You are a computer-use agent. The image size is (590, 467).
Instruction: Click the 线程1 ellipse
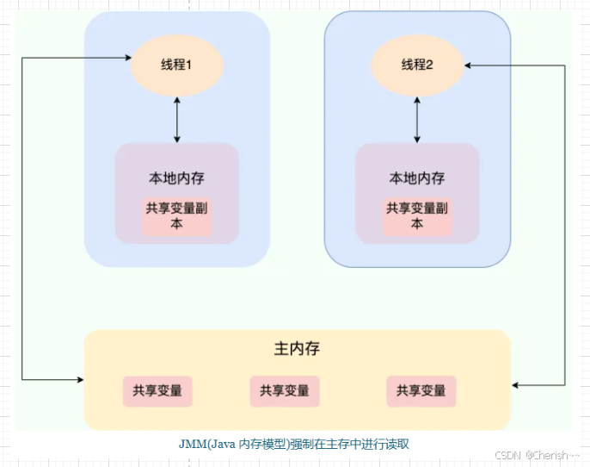tap(176, 65)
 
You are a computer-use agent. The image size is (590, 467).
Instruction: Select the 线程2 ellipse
tap(417, 65)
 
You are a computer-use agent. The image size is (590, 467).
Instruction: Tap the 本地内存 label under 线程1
tap(176, 178)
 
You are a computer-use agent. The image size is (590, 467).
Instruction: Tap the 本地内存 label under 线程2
tap(417, 178)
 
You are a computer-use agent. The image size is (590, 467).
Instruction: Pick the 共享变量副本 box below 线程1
tap(176, 215)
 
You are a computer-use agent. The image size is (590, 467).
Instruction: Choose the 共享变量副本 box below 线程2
tap(417, 215)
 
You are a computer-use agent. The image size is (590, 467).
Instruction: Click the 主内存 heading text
tap(297, 349)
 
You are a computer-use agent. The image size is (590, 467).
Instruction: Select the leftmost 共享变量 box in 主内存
tap(157, 390)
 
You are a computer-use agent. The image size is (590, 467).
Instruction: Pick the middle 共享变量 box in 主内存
tap(285, 390)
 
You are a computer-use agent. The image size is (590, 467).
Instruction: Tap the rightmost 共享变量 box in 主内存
tap(421, 390)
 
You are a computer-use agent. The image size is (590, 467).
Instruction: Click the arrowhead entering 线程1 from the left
tap(124, 59)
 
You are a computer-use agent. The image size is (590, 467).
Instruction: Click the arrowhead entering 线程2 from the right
tap(470, 65)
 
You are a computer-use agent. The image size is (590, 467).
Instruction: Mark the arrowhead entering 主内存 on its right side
tap(516, 385)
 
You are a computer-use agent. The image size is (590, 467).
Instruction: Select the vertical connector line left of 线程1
tap(22, 215)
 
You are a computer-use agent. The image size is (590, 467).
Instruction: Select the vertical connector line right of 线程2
tap(565, 224)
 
